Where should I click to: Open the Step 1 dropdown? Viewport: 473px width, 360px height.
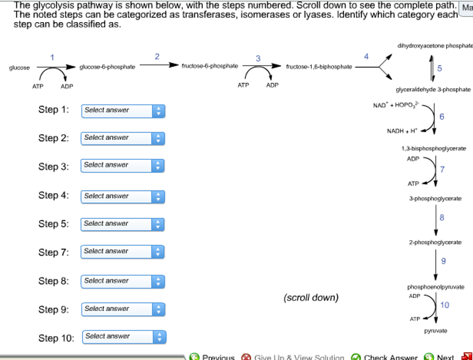point(123,111)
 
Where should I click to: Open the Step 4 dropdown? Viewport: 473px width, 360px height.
point(123,197)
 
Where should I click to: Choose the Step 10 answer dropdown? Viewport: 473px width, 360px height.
point(124,337)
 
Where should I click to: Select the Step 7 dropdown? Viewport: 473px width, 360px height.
point(123,252)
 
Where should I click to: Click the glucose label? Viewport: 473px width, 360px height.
point(19,68)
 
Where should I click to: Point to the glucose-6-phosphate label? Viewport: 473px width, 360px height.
point(107,67)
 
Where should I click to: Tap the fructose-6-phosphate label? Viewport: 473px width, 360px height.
point(210,66)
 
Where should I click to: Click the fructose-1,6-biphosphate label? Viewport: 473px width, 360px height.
point(319,67)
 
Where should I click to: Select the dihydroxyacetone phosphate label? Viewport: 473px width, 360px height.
point(435,46)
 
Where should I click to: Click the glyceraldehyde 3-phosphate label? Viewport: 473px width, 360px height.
point(433,90)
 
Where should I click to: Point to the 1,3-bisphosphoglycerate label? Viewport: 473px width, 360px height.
point(434,149)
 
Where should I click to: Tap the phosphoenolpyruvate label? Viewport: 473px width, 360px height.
point(436,287)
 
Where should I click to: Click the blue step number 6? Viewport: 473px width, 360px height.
point(442,117)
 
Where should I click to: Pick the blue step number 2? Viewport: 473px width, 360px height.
point(157,56)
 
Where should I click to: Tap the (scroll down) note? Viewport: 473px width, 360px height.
point(311,298)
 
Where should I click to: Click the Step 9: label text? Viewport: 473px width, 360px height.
point(54,310)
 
